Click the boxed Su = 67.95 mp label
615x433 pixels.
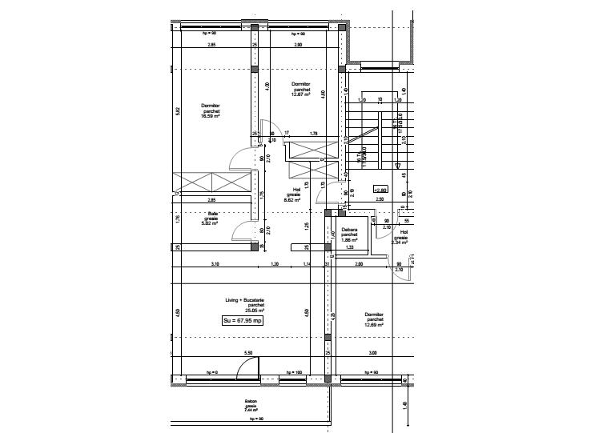point(243,320)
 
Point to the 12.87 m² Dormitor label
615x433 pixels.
point(301,89)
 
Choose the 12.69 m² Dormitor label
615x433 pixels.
point(374,319)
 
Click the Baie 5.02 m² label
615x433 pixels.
point(213,218)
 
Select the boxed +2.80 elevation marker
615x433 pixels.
point(381,190)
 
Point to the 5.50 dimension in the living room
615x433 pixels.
point(248,353)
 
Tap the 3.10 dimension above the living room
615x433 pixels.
point(215,263)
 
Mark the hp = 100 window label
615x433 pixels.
point(293,372)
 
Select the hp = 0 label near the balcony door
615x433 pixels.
point(211,372)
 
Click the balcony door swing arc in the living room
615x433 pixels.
point(249,366)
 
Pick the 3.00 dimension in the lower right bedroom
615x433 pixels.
point(373,353)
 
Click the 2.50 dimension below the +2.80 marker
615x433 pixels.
point(380,198)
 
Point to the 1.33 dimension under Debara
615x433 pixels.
point(350,247)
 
